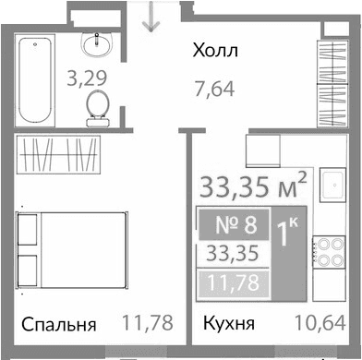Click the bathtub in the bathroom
[x=34, y=78]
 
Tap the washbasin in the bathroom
[x=96, y=42]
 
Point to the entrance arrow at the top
[x=147, y=17]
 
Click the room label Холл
[x=214, y=51]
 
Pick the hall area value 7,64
[x=214, y=90]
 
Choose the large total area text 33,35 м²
[x=241, y=188]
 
